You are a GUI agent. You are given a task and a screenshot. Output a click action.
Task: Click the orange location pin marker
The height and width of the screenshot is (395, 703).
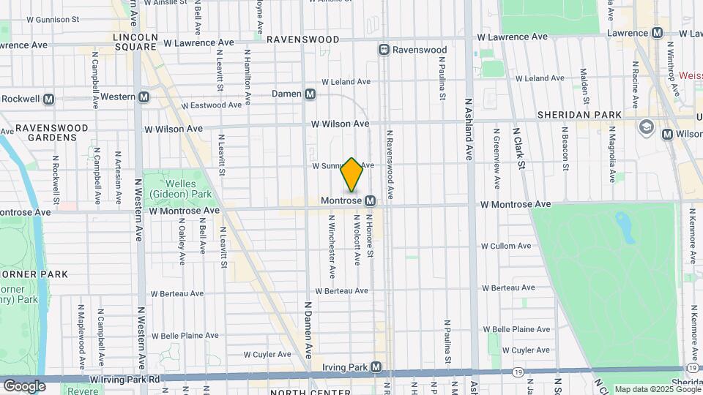coord(352,175)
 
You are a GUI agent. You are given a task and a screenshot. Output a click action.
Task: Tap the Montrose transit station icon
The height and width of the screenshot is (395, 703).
coord(371,200)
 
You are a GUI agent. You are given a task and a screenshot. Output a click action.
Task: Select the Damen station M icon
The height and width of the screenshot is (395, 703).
coord(310,94)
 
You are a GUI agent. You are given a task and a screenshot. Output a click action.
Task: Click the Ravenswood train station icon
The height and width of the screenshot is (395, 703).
coord(383,50)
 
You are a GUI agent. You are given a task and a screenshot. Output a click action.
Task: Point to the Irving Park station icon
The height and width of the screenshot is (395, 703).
coord(376,366)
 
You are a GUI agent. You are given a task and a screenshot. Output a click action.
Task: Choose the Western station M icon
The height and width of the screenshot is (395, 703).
coord(144,97)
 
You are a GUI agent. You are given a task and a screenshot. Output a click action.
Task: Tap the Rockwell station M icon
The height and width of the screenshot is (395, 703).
coord(49,99)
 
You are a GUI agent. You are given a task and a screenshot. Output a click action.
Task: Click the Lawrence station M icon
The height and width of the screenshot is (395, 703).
coord(657,33)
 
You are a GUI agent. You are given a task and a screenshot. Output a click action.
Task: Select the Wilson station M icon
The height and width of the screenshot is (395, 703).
coord(666,134)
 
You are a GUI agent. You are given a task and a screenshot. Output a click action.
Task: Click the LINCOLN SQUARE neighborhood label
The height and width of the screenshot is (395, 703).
coord(135,41)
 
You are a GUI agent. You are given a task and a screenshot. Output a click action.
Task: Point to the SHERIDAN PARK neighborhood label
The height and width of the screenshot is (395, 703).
coord(579,115)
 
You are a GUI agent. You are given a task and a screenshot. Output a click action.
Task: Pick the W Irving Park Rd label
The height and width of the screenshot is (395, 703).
coord(125,380)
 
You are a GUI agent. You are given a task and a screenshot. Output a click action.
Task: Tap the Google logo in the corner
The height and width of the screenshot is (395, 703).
coord(24,385)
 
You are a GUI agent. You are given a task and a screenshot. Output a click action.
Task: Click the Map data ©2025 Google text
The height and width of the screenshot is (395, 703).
coord(658,389)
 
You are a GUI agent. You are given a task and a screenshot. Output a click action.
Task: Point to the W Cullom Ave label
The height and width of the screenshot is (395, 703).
coord(505,246)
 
